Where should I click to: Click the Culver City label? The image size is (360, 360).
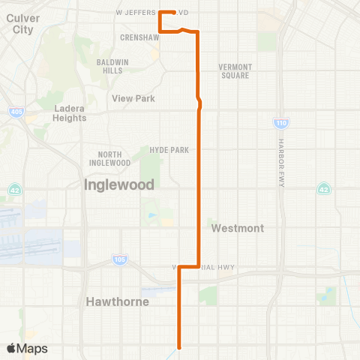pos(18,23)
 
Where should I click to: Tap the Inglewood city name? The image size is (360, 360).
pos(119,184)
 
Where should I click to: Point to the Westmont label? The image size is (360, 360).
pos(237,227)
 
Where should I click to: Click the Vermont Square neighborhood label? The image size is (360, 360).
pos(235,70)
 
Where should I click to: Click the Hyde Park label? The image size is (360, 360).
pos(169,150)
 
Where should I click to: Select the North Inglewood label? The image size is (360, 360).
pos(109,158)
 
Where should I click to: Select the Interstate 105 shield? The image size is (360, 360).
pos(119,259)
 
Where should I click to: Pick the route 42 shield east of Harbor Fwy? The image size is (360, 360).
pos(322,187)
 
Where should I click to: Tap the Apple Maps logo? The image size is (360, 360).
pos(26,348)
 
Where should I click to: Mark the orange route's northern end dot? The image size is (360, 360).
pos(173,12)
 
